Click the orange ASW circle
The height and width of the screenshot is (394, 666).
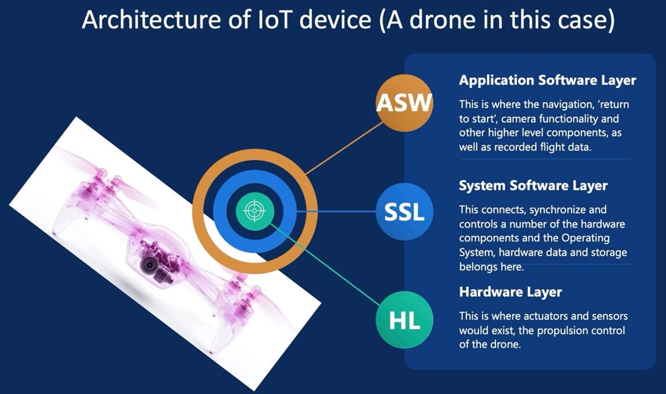404,103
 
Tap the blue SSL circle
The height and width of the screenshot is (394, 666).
404,211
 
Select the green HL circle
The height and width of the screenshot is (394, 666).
404,320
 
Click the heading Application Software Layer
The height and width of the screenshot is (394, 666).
547,80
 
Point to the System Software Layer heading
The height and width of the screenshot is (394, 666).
533,186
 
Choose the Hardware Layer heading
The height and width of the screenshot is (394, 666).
510,292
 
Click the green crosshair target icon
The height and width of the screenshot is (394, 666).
255,211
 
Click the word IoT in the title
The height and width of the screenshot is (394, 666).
275,20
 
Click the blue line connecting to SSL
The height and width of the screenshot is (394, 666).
336,211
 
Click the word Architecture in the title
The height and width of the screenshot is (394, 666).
152,20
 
